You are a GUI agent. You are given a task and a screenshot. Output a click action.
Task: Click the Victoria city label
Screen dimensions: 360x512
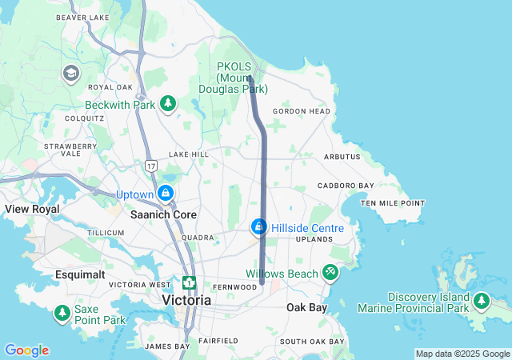pos(186,300)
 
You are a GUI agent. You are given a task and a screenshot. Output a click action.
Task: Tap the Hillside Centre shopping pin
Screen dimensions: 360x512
pos(259,228)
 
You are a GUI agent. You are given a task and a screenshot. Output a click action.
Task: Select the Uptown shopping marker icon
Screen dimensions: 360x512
pos(166,194)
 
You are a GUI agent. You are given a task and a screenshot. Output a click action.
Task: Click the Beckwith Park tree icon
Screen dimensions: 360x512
pos(168,104)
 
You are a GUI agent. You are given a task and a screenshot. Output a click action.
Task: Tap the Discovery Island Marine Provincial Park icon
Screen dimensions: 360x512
pos(481,302)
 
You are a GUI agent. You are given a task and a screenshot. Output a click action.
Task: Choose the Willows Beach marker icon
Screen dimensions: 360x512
pos(330,274)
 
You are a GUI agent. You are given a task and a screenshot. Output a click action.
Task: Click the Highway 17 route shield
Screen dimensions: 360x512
pos(150,165)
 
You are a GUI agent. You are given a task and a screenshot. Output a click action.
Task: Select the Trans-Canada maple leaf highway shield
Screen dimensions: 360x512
pos(189,283)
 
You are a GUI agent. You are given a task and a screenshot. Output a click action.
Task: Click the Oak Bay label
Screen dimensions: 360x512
pos(306,307)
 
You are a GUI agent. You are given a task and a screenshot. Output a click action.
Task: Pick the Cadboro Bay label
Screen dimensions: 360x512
pos(346,186)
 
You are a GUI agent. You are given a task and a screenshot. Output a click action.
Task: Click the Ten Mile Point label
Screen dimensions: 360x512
pos(392,203)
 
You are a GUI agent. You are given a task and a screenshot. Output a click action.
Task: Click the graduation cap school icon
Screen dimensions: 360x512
pos(70,74)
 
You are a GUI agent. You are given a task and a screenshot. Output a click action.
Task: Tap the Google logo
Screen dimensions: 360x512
pos(26,350)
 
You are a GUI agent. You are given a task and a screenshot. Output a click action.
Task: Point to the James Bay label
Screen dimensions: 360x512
pos(167,346)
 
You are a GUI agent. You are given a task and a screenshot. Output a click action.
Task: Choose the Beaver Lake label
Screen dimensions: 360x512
pos(82,17)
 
